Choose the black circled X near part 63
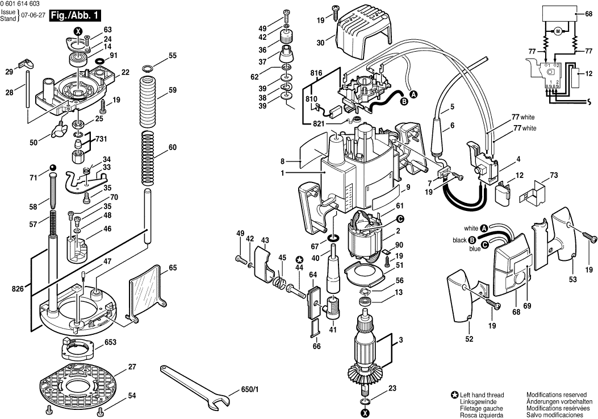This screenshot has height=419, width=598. coord(78,31)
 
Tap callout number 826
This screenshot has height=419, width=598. coord(16,289)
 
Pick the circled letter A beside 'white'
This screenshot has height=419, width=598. coord(484,229)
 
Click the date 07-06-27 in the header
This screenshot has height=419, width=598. coord(32,15)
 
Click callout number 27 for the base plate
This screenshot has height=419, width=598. coord(132,367)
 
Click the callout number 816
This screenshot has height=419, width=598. coord(316,73)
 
